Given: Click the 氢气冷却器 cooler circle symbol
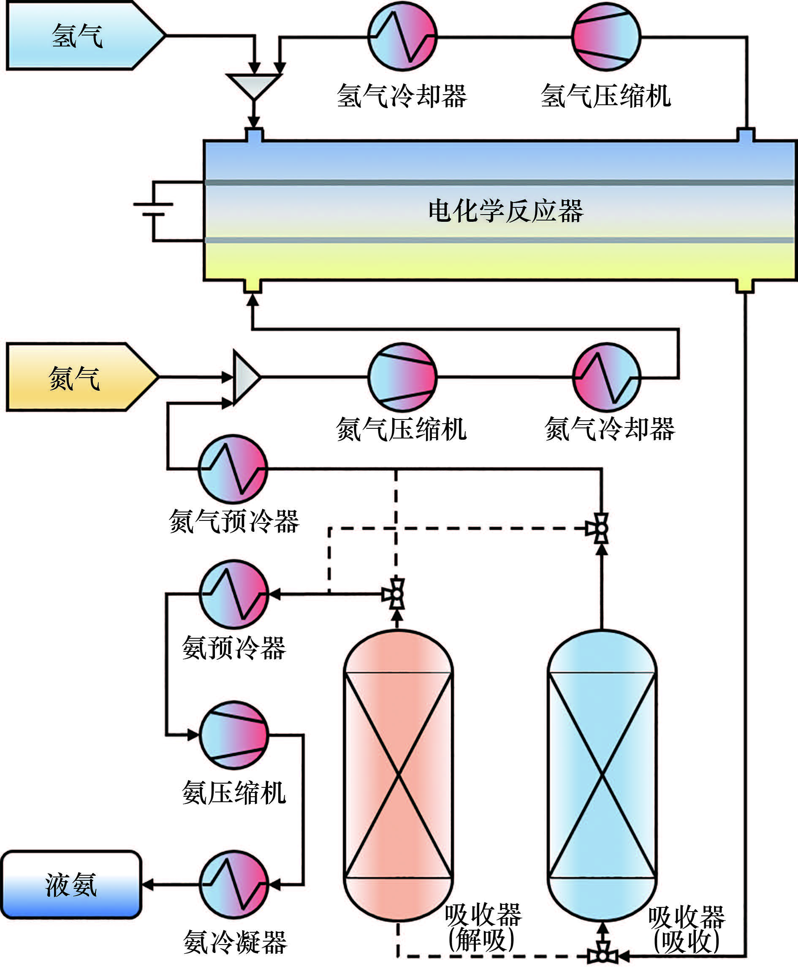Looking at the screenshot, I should (x=402, y=37).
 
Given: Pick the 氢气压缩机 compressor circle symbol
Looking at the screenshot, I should (x=606, y=37).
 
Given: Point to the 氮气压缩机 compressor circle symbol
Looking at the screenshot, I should (x=402, y=377).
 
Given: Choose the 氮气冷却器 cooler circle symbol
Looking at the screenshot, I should (x=607, y=377).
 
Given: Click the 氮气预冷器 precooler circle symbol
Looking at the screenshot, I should (x=233, y=469).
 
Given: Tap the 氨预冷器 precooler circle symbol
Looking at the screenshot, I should (x=234, y=594).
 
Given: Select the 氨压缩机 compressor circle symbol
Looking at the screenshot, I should (x=234, y=735).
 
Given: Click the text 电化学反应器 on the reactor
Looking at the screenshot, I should (x=506, y=212).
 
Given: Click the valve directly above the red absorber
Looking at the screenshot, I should (x=396, y=594).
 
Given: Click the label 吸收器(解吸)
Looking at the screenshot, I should (x=483, y=926).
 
